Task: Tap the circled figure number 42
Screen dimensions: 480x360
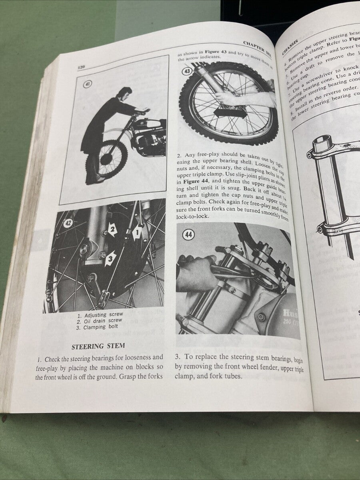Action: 68,223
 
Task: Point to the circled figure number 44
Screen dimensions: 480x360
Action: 188,234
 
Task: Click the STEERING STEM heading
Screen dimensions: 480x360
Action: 98,346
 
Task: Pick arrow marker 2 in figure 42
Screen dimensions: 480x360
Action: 112,230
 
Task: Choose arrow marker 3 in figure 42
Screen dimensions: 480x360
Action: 111,258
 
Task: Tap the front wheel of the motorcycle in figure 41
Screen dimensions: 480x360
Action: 106,159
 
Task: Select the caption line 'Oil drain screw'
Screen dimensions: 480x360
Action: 100,321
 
